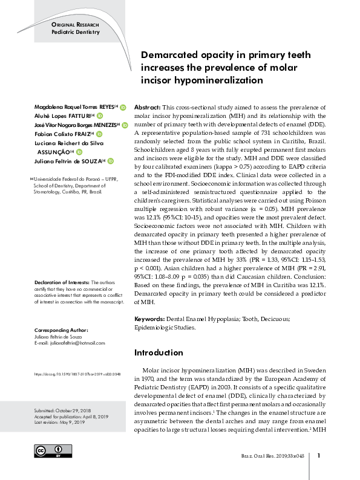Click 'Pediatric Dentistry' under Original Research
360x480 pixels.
click(x=75, y=31)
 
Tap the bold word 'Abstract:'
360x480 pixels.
click(x=150, y=105)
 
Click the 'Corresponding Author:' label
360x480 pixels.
click(x=61, y=330)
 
